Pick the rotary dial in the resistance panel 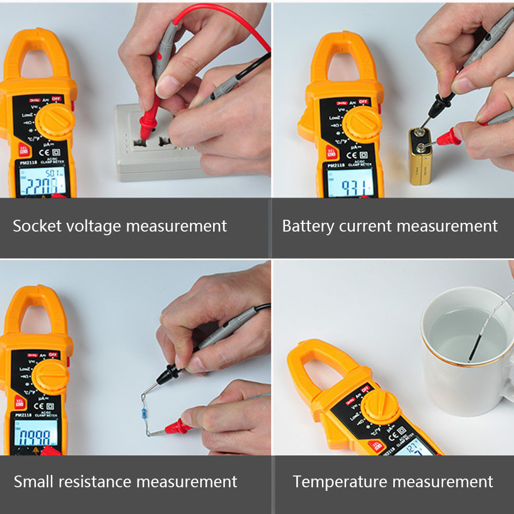click(52, 377)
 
